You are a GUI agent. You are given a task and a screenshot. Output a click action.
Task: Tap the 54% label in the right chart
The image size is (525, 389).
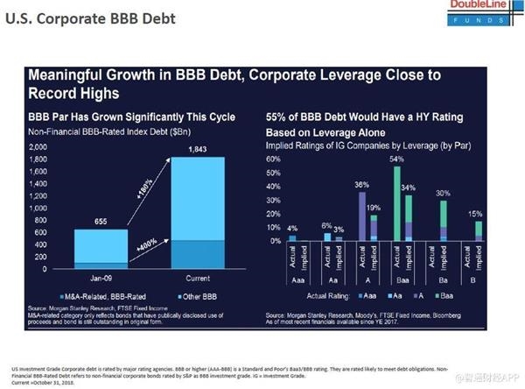395,158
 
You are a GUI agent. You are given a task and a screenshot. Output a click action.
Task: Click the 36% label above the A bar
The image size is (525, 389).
360,184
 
